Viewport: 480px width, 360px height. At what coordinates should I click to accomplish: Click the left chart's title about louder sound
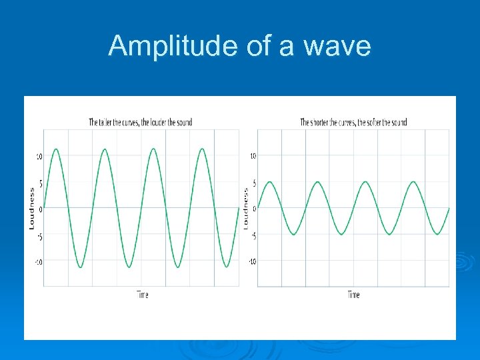pos(141,122)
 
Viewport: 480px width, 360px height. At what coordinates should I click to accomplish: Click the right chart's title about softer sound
pos(353,122)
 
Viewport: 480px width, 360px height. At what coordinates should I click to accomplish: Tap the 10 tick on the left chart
pos(39,157)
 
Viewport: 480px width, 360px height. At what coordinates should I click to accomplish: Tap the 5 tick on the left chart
pos(41,183)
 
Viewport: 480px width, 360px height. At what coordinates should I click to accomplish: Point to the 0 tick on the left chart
pos(41,209)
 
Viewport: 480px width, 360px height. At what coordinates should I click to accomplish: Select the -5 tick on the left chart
pos(39,236)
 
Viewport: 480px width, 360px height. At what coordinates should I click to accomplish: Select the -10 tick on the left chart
pos(39,262)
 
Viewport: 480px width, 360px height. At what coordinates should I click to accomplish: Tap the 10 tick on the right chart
pos(253,156)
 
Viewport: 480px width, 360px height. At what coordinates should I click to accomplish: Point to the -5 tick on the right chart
pos(253,235)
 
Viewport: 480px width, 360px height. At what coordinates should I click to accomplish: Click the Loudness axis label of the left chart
pos(31,209)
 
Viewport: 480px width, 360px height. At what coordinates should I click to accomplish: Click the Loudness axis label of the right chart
pos(245,208)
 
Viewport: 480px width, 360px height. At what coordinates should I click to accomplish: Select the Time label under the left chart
pos(143,294)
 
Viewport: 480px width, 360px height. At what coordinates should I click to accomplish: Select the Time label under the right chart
pos(353,294)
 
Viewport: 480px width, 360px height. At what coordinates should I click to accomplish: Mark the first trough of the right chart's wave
pos(293,234)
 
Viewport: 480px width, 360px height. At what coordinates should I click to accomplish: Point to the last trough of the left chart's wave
pos(226,267)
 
